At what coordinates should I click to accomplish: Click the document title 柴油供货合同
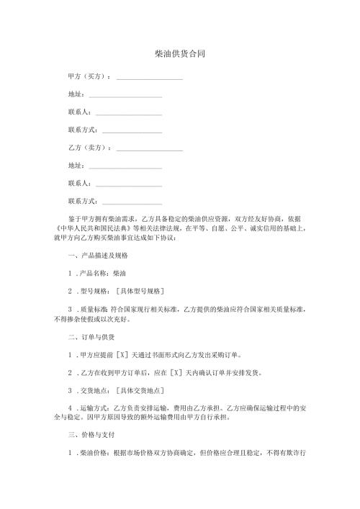click(180, 54)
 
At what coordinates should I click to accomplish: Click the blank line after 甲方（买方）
click(149, 77)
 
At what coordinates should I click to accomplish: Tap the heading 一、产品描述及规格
click(98, 256)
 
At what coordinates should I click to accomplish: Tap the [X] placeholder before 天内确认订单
click(174, 373)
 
